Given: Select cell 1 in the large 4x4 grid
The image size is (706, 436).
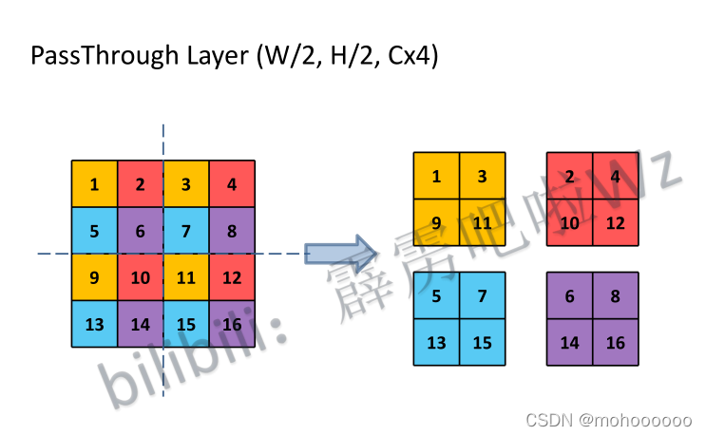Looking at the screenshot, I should (95, 184).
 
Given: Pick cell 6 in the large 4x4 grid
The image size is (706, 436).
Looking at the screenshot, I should (141, 231).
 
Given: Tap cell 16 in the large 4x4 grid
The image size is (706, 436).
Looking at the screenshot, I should (232, 324).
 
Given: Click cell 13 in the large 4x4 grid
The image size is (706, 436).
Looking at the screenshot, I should (95, 324).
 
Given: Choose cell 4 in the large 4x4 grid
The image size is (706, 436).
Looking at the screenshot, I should (232, 184).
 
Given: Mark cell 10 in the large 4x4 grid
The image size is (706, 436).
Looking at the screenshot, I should (141, 277).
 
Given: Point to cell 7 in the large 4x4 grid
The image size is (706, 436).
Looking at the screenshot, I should (186, 231).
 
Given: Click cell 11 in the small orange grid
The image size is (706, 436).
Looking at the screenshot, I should (482, 223).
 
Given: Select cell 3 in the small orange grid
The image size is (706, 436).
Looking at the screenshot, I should (482, 176).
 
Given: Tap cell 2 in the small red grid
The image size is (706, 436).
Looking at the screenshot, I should (569, 176).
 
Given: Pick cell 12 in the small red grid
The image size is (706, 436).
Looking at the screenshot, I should (615, 223).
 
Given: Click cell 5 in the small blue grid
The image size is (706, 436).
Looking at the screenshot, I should (436, 295).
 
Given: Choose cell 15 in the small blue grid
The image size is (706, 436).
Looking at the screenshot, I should (482, 343).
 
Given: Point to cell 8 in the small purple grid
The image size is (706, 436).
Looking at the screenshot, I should (615, 295).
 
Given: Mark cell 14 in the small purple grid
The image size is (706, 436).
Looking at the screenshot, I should (569, 343).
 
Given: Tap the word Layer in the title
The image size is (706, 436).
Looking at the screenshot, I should (202, 56).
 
